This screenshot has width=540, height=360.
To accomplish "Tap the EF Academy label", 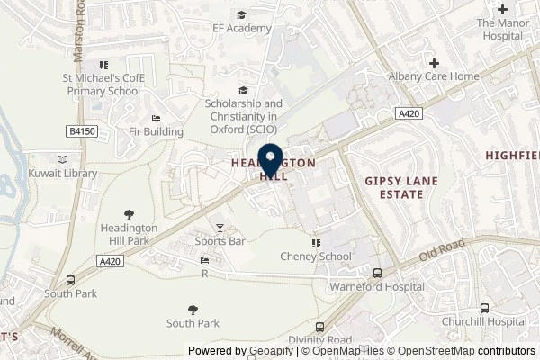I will pos(242,29).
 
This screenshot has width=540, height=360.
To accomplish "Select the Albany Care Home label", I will pos(434,76).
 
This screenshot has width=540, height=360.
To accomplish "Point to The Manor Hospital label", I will pos(499,29).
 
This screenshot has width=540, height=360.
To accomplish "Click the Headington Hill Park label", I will pos(127,235).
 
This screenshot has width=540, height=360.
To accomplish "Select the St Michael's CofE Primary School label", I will pos(102,84).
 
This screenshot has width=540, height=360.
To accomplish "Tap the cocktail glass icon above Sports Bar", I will pos(220,228).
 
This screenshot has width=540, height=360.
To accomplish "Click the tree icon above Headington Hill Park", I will pos(128,214).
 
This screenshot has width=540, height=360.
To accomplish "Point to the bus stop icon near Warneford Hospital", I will pos(377,274).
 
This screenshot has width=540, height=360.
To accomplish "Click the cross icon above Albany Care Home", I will pos(434,63).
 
